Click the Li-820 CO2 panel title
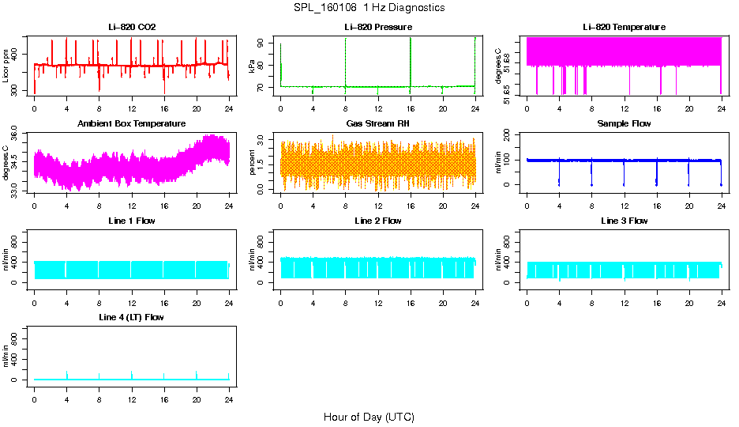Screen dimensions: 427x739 tap(132, 28)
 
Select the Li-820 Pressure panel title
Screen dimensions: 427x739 tap(378, 28)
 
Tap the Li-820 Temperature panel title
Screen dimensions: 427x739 tap(624, 28)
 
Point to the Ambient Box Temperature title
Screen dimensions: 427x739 tap(132, 124)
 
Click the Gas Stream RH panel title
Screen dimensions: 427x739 tap(378, 124)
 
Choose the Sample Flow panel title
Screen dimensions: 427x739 tap(624, 124)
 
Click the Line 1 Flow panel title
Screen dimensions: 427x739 tap(132, 221)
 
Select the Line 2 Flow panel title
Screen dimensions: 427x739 tap(378, 221)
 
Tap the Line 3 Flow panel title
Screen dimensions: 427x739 tap(624, 221)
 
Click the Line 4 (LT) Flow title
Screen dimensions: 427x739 tap(132, 317)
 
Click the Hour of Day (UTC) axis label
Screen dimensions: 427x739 tap(369, 417)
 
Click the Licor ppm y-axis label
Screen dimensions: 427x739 tap(6, 66)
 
